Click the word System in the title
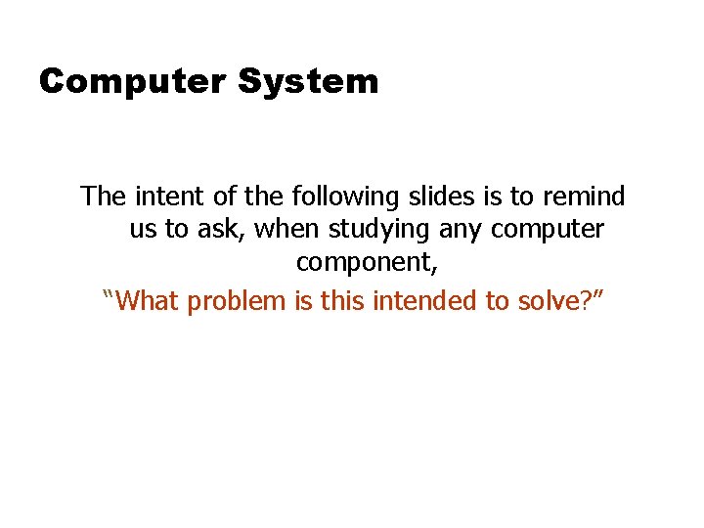click(308, 82)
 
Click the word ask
click(210, 231)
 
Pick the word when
click(282, 231)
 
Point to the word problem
click(237, 301)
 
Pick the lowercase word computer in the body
click(548, 232)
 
